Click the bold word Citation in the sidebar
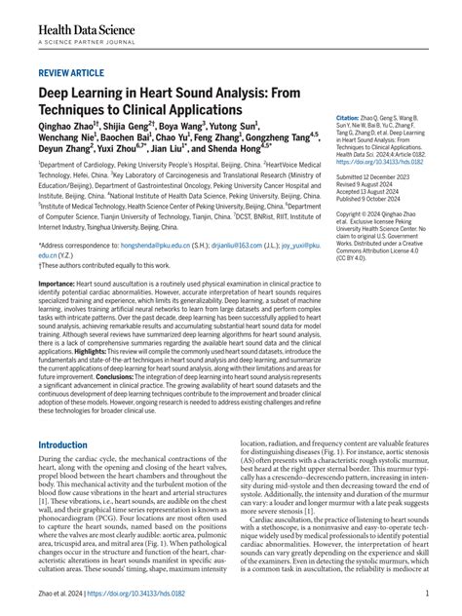click(351, 116)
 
